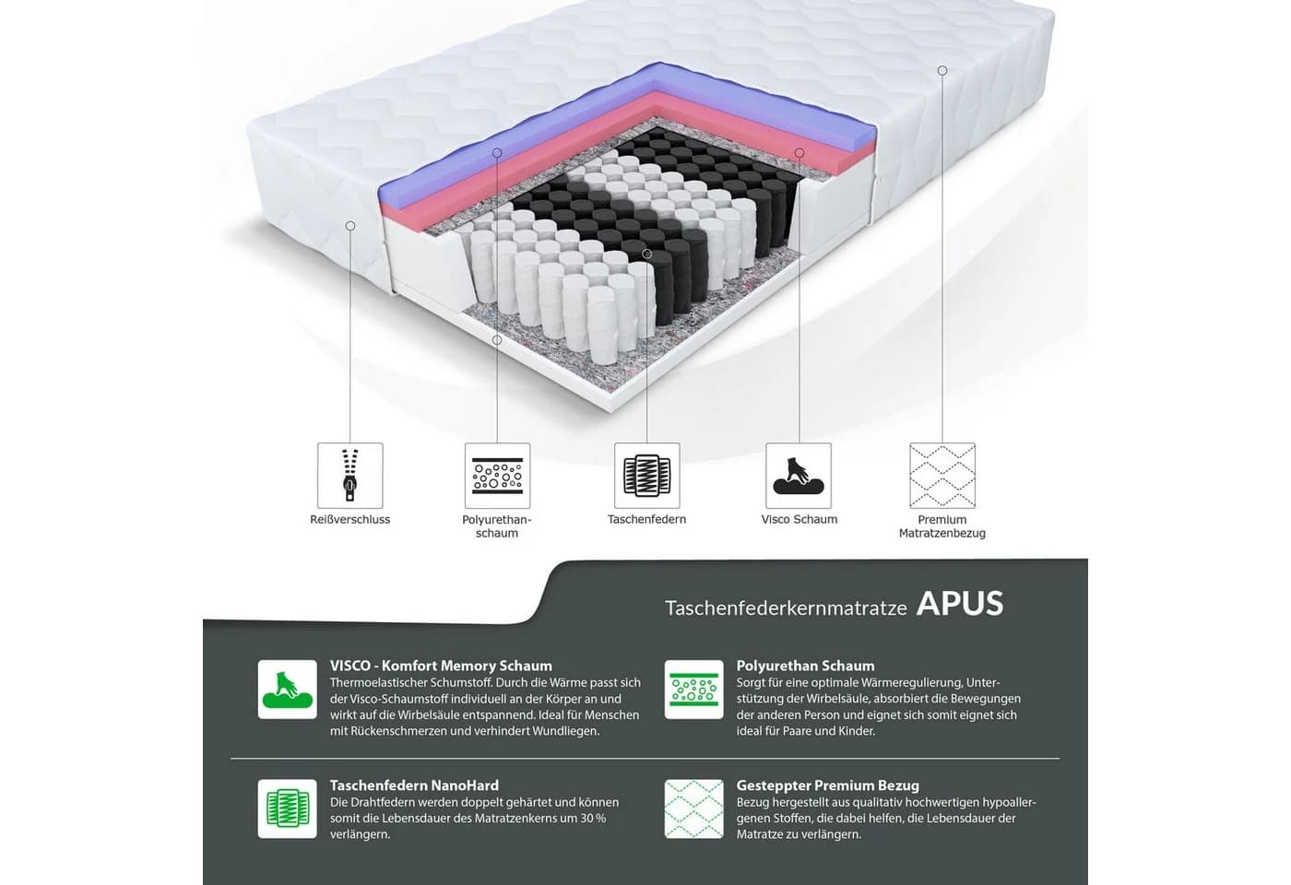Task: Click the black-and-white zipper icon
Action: coord(349,476)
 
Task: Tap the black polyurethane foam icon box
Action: coord(497,476)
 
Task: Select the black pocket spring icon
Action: coord(646,476)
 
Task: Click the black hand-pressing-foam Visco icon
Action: coord(799,476)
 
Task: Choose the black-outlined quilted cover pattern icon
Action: coord(942,476)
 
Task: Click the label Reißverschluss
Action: coord(349,519)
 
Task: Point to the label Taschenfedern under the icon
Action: coord(646,519)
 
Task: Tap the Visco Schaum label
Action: coord(799,519)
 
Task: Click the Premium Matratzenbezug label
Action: coord(942,526)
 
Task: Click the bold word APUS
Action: coord(960,604)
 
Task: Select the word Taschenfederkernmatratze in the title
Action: coord(786,608)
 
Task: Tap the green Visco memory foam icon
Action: coord(288,690)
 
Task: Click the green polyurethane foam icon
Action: coord(693,690)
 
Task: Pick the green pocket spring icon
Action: coord(288,808)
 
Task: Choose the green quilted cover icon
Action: coord(693,808)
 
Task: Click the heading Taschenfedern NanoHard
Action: coord(414,785)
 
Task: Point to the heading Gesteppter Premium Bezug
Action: coord(828,785)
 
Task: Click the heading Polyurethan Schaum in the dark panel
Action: coord(805,666)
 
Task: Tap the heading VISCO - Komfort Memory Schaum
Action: coord(441,666)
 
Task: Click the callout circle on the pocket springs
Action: coord(646,254)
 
